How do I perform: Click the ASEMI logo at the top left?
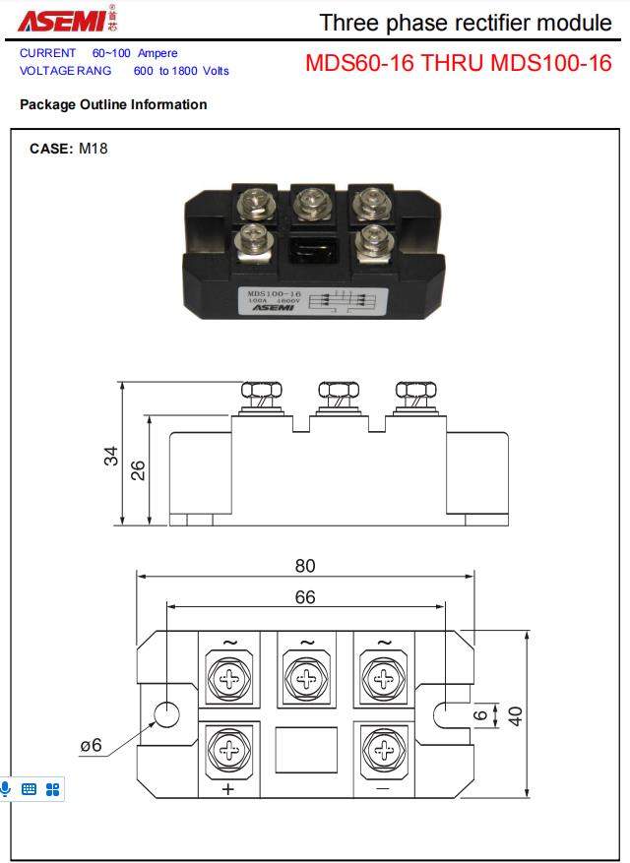click(54, 19)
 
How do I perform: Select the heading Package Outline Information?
click(113, 104)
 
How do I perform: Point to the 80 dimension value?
click(305, 566)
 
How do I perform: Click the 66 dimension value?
click(305, 597)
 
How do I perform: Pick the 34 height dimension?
click(112, 456)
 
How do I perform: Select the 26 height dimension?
click(139, 470)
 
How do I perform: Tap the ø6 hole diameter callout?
click(91, 746)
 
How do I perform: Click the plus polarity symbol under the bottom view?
click(229, 789)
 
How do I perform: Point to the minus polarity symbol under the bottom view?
click(382, 789)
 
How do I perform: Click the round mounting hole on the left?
click(167, 714)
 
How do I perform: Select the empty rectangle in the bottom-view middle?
click(305, 751)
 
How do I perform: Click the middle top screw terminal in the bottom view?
click(306, 678)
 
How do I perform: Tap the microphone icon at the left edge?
click(6, 788)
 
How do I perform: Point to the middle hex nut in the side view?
click(337, 390)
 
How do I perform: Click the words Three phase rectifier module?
click(466, 23)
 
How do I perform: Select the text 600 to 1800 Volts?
click(181, 71)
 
